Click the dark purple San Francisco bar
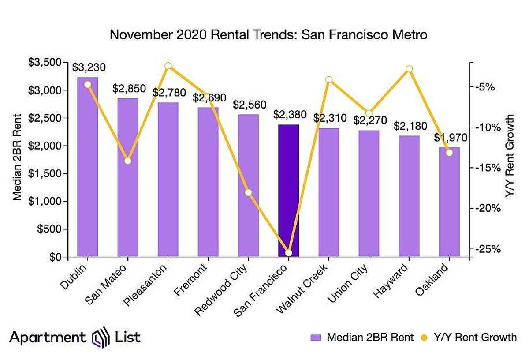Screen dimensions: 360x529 (288, 191)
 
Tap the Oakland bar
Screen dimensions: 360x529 (449, 202)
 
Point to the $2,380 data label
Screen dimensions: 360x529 (289, 115)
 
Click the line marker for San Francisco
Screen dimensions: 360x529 (288, 253)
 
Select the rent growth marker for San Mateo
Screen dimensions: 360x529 (128, 161)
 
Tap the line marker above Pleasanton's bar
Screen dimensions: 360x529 (168, 66)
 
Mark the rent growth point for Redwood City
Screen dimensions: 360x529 (248, 192)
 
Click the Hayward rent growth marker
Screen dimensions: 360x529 (409, 69)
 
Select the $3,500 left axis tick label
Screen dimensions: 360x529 (46, 63)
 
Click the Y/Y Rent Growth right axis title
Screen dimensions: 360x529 (510, 155)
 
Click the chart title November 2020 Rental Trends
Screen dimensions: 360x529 (268, 34)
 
